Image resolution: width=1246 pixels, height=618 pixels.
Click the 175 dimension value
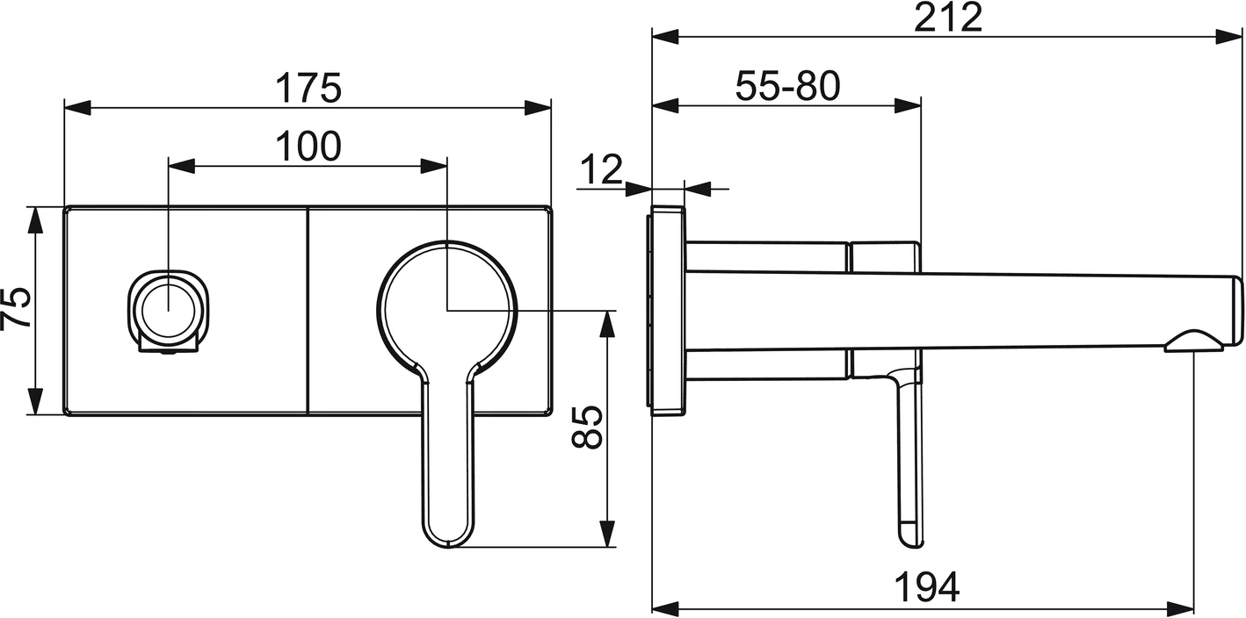coord(308,88)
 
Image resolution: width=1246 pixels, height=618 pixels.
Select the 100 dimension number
coord(308,147)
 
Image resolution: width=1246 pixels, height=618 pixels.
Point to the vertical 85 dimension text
coord(588,428)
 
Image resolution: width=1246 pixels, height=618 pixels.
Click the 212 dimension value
coord(947,18)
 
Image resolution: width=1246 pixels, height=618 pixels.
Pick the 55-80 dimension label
coord(787,86)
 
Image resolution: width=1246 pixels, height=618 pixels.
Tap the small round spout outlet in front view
coord(167,311)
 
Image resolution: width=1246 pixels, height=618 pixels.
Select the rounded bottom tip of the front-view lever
coord(449,537)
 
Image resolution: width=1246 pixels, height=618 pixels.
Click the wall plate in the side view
coord(667,309)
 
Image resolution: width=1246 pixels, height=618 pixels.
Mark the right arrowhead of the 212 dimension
coord(1229,36)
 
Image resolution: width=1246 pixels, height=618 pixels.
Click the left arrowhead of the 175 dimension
coord(77,107)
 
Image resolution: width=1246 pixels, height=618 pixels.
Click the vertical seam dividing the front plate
coord(308,311)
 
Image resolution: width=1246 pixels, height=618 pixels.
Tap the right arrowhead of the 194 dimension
coord(1180,607)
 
